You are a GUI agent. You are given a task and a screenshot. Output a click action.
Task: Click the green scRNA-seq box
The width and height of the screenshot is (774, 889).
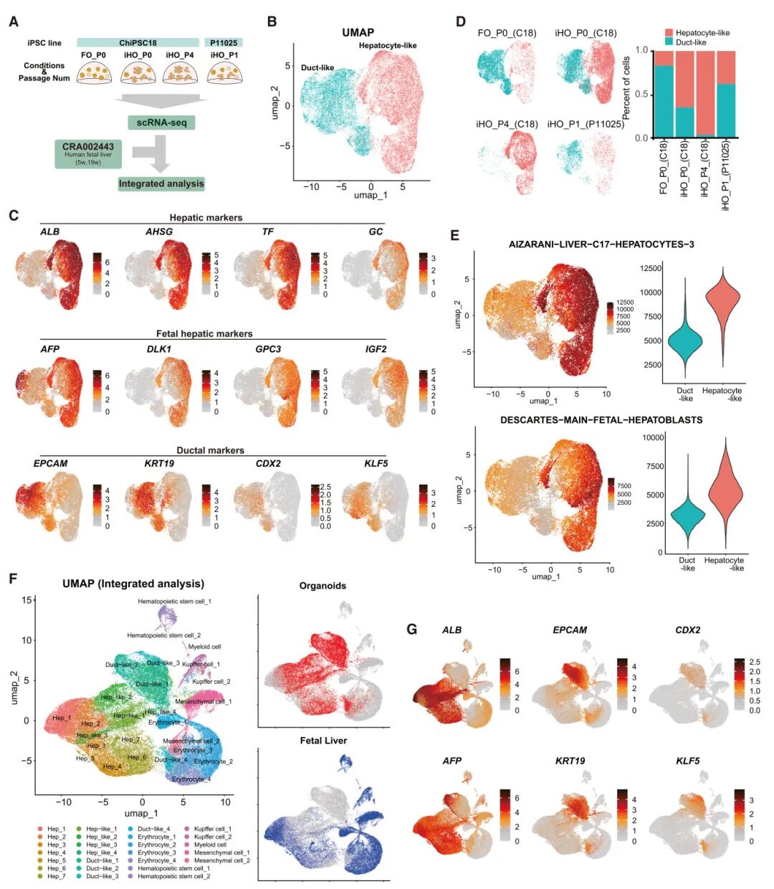161,123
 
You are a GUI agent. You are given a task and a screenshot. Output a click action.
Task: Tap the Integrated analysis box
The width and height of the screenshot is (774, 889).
161,184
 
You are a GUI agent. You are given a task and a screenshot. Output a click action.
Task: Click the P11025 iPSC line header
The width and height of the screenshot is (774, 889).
224,43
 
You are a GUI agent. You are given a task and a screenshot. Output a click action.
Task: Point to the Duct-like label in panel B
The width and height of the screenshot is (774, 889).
317,68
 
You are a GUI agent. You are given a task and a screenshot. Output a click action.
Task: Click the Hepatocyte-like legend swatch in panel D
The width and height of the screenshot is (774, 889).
669,33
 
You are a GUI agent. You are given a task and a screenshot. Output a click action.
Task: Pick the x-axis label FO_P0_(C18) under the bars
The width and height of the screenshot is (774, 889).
664,168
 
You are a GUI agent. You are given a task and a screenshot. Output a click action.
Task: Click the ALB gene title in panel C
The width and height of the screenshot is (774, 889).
50,232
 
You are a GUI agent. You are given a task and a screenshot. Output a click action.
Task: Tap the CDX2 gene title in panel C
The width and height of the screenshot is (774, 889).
268,463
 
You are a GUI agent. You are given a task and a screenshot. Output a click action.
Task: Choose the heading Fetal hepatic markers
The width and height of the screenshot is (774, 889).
204,333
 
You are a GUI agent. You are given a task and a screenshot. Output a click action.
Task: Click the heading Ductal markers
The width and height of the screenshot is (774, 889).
210,450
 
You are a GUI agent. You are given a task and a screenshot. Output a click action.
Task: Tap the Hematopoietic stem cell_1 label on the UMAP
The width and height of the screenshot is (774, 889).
174,602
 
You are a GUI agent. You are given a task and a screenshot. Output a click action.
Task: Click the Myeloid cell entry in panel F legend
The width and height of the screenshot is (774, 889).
210,845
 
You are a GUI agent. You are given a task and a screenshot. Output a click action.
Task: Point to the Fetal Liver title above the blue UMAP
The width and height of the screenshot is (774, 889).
323,741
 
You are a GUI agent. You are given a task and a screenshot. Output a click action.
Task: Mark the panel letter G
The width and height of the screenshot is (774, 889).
412,629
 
